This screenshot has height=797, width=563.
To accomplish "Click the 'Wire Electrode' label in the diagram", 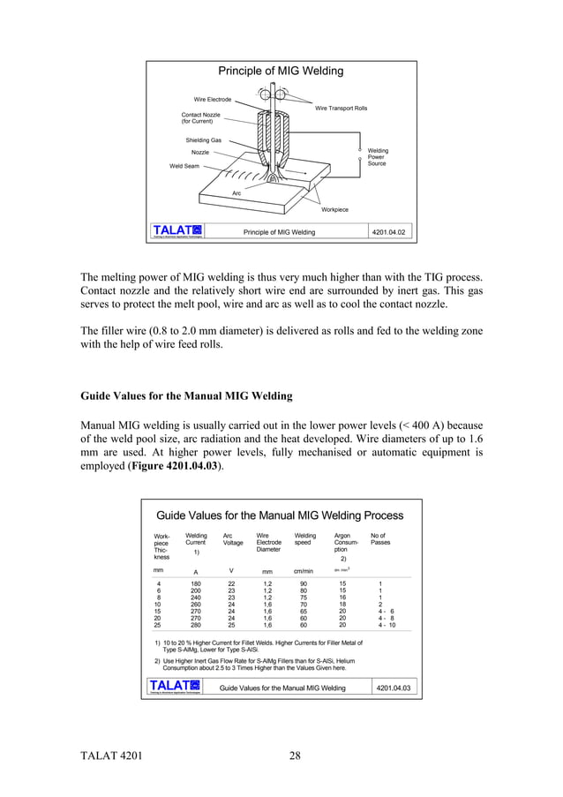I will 213,100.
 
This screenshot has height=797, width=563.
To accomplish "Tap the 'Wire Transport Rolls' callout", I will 341,108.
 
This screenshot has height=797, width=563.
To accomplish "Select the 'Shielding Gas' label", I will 203,140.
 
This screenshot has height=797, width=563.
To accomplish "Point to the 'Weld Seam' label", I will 184,166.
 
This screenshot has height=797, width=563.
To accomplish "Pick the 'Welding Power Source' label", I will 377,157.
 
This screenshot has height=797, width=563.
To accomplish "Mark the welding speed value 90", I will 304,583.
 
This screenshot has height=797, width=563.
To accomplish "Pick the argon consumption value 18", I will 342,605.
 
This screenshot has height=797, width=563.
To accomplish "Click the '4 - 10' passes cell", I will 387,625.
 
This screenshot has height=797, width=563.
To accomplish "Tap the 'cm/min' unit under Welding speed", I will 304,571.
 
